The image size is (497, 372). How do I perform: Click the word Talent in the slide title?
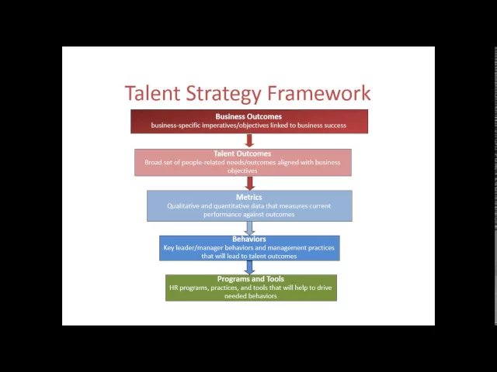pyautogui.click(x=153, y=94)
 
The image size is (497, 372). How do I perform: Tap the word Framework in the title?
pyautogui.click(x=318, y=94)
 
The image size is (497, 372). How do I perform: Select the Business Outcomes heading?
pyautogui.click(x=248, y=117)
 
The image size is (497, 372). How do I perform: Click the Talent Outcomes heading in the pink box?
pyautogui.click(x=242, y=153)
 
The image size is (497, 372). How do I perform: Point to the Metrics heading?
pyautogui.click(x=248, y=198)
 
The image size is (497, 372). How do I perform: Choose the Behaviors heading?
pyautogui.click(x=248, y=239)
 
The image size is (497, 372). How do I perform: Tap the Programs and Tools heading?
pyautogui.click(x=250, y=279)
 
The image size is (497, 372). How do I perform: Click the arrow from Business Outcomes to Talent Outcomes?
pyautogui.click(x=249, y=140)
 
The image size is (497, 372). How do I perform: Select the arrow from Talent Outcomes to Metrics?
pyautogui.click(x=249, y=183)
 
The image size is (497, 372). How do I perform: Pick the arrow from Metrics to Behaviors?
pyautogui.click(x=249, y=228)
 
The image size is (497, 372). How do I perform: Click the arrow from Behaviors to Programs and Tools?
pyautogui.click(x=249, y=267)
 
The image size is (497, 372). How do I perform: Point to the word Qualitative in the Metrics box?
pyautogui.click(x=184, y=206)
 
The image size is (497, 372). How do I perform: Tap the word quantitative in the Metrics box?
pyautogui.click(x=237, y=206)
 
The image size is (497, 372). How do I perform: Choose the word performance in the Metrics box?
pyautogui.click(x=224, y=214)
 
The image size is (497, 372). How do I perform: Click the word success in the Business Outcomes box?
pyautogui.click(x=335, y=126)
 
